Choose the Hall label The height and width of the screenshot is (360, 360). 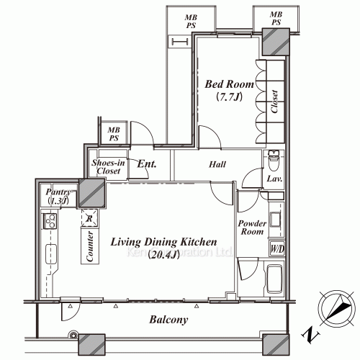pyautogui.click(x=218, y=165)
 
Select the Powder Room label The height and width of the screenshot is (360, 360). pyautogui.click(x=252, y=228)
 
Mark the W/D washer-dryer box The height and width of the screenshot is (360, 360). pyautogui.click(x=276, y=250)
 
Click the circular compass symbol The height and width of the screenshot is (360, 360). pyautogui.click(x=335, y=308)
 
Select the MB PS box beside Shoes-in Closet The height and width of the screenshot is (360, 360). pyautogui.click(x=112, y=134)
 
